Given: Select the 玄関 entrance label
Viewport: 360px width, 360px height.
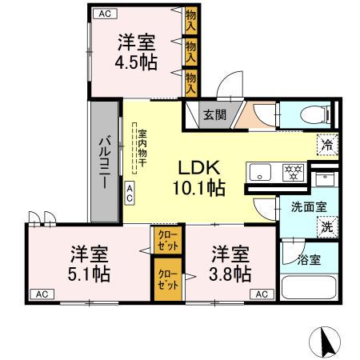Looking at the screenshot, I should (214, 114).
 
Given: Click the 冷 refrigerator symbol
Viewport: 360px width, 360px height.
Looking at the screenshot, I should (326, 145).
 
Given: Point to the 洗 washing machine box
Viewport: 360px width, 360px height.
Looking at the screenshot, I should (326, 227).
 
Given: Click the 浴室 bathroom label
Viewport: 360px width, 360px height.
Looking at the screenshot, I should (309, 260).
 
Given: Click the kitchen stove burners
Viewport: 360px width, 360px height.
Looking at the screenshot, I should (294, 170).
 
